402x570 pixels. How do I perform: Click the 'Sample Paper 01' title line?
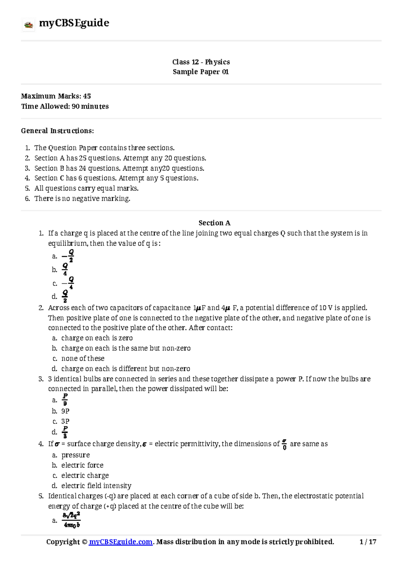point(201,72)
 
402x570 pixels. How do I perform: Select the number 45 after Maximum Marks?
point(87,96)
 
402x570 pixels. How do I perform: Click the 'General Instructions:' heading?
point(57,131)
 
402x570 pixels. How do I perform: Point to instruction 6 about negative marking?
point(82,199)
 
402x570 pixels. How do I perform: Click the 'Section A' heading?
point(214,223)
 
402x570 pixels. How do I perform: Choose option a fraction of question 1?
point(68,256)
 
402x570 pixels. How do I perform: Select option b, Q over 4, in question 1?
point(65,270)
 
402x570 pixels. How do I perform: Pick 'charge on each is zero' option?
point(97,338)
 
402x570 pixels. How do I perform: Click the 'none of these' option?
point(83,359)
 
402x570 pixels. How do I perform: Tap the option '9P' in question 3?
point(65,411)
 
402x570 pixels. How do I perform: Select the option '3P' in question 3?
point(65,421)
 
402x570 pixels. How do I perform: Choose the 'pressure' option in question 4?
point(76,455)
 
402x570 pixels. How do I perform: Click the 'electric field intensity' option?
point(96,486)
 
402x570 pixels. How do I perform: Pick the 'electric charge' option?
point(85,476)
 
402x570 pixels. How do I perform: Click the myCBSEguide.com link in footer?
point(121,542)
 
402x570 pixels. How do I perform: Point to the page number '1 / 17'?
point(368,542)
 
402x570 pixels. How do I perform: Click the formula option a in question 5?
point(71,520)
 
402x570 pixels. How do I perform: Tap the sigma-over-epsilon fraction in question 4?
point(284,444)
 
